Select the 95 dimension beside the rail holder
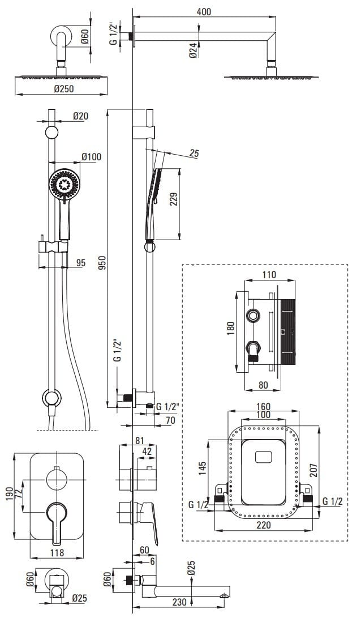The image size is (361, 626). click(80, 262)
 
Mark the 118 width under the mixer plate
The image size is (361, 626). click(56, 553)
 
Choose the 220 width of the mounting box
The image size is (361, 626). click(264, 525)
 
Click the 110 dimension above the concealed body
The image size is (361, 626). click(269, 275)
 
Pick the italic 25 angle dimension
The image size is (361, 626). click(194, 154)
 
